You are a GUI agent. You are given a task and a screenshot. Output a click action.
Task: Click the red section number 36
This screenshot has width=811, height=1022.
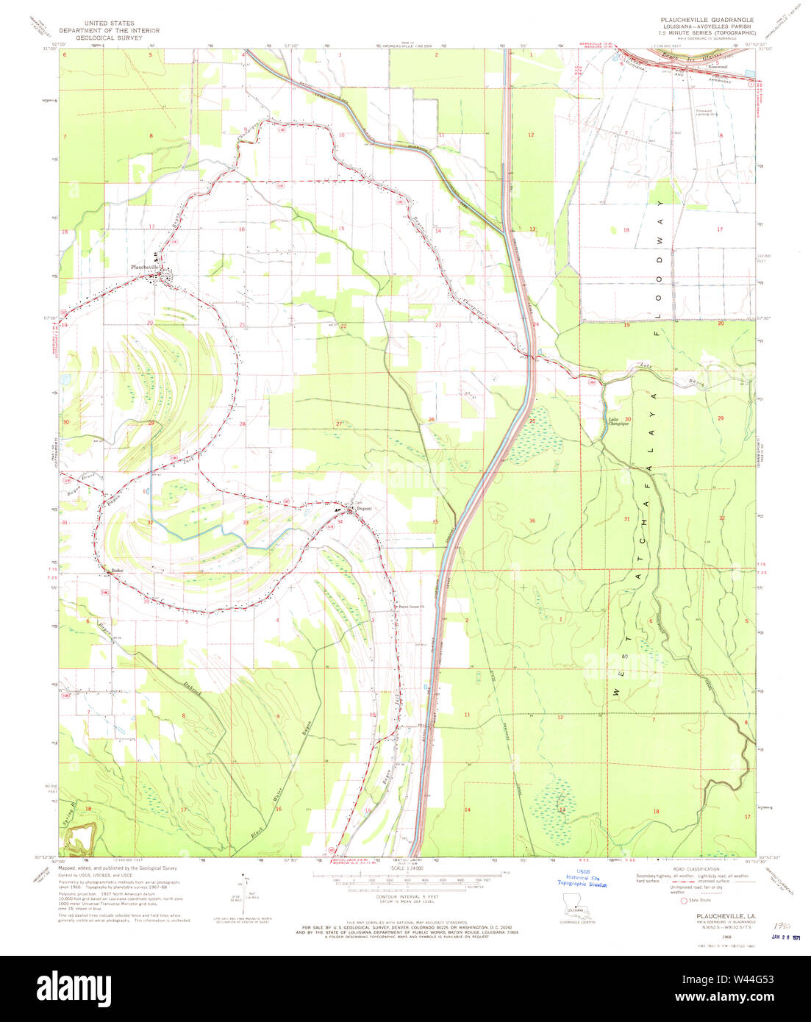coord(532,521)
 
